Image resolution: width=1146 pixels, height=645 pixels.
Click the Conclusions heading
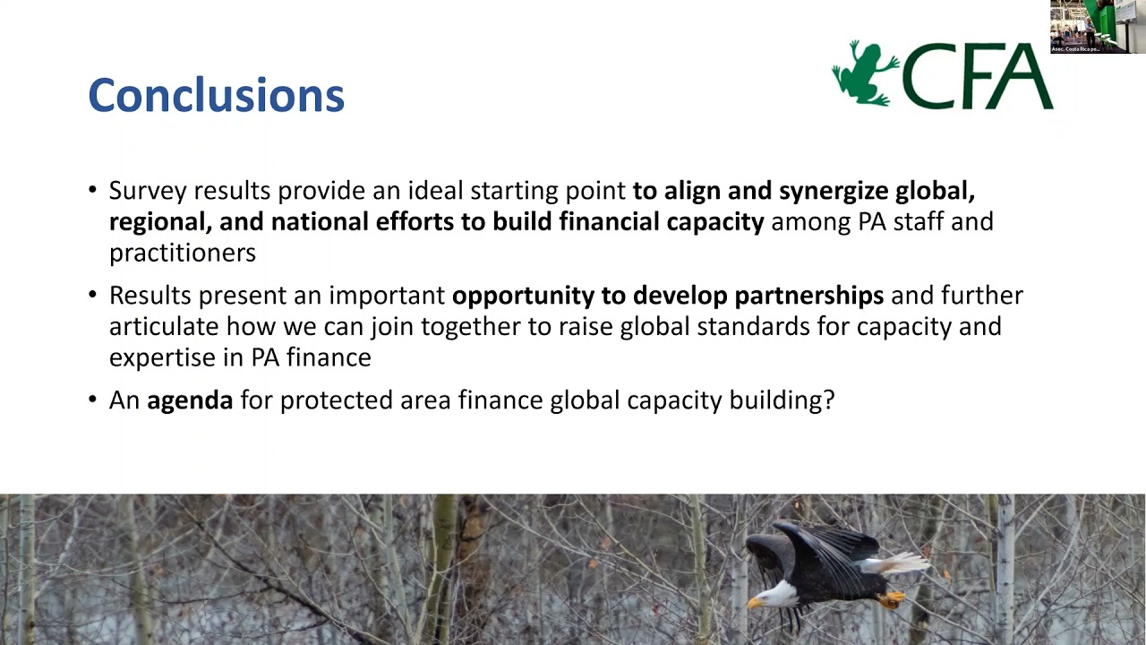(216, 95)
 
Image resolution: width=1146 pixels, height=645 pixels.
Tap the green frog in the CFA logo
(864, 73)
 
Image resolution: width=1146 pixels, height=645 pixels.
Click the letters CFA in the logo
(977, 77)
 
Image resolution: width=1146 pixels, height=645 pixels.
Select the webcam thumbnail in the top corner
(1097, 27)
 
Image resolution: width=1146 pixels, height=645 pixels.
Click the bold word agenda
(190, 400)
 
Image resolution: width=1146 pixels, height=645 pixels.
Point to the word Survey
(148, 191)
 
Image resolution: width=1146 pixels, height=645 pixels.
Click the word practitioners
(182, 253)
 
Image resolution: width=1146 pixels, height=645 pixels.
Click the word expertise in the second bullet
(165, 357)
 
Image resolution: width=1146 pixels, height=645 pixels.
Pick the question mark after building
(828, 400)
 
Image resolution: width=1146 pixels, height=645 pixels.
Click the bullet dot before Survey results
(93, 191)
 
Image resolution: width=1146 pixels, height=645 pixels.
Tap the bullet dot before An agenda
(93, 400)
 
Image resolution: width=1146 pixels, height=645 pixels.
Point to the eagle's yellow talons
(891, 599)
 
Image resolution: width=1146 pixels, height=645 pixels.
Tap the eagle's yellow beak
(755, 604)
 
